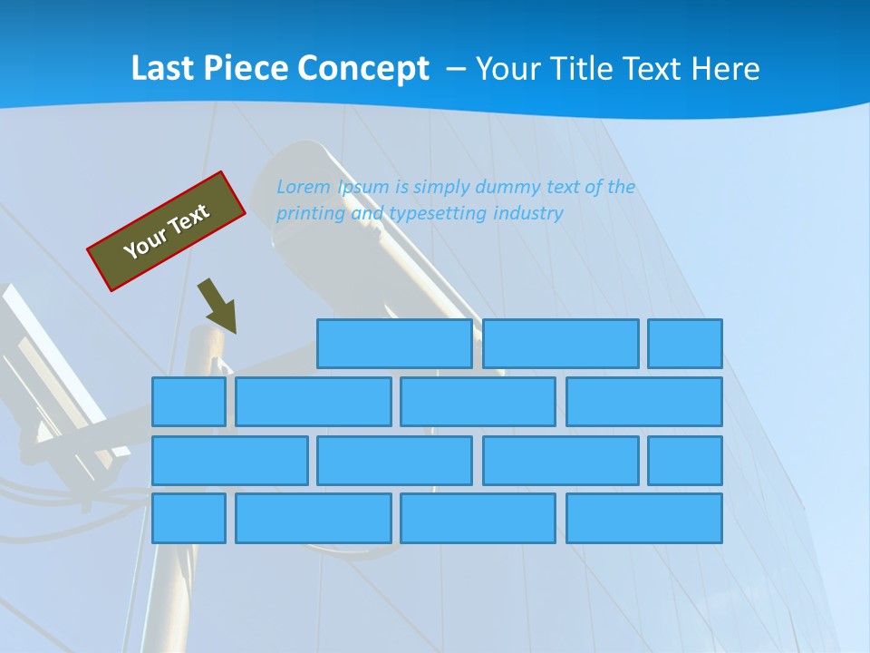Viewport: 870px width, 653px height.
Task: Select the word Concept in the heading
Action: (x=363, y=69)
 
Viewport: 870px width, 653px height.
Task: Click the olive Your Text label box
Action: (x=167, y=231)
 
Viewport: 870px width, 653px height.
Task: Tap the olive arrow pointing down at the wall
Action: (x=218, y=307)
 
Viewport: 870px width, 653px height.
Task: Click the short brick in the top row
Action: (x=685, y=344)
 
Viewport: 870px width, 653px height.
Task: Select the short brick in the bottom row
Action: (x=188, y=518)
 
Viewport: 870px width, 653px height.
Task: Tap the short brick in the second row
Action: (x=188, y=402)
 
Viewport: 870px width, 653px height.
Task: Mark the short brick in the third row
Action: (x=685, y=460)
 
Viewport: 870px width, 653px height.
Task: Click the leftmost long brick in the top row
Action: (x=394, y=344)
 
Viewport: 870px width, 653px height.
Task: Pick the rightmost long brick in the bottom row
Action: (x=644, y=518)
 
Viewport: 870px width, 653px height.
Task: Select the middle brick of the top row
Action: (x=560, y=344)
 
